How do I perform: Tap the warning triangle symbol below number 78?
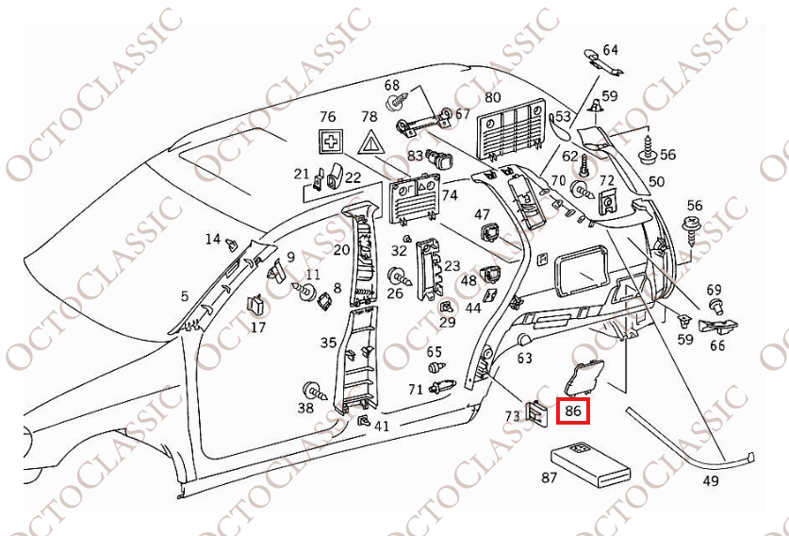tap(370, 144)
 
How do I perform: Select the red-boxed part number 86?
tap(572, 411)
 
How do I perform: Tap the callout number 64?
tap(610, 50)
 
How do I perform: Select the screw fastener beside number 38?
tap(313, 390)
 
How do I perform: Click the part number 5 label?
tap(185, 296)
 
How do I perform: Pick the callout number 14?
tap(213, 240)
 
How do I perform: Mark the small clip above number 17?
tap(255, 306)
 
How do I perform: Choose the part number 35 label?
tap(328, 343)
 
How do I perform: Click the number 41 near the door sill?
tap(381, 427)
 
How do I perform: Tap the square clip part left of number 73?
tap(535, 410)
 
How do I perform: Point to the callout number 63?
tap(525, 358)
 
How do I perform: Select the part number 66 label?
tap(717, 345)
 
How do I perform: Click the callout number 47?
tap(482, 215)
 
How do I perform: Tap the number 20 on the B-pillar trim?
tap(341, 250)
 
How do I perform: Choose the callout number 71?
tap(416, 389)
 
